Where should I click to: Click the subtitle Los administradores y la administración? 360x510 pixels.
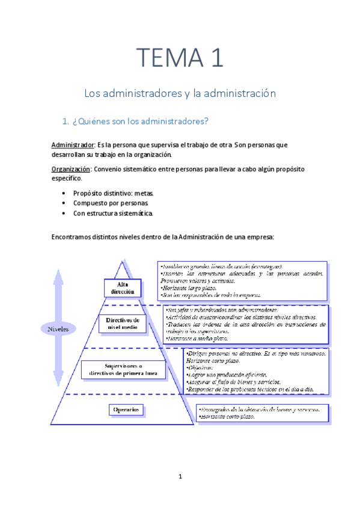180,94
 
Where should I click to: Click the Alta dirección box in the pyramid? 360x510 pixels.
123,287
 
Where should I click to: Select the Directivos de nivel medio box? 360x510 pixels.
123,324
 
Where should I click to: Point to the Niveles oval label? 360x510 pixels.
58,329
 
